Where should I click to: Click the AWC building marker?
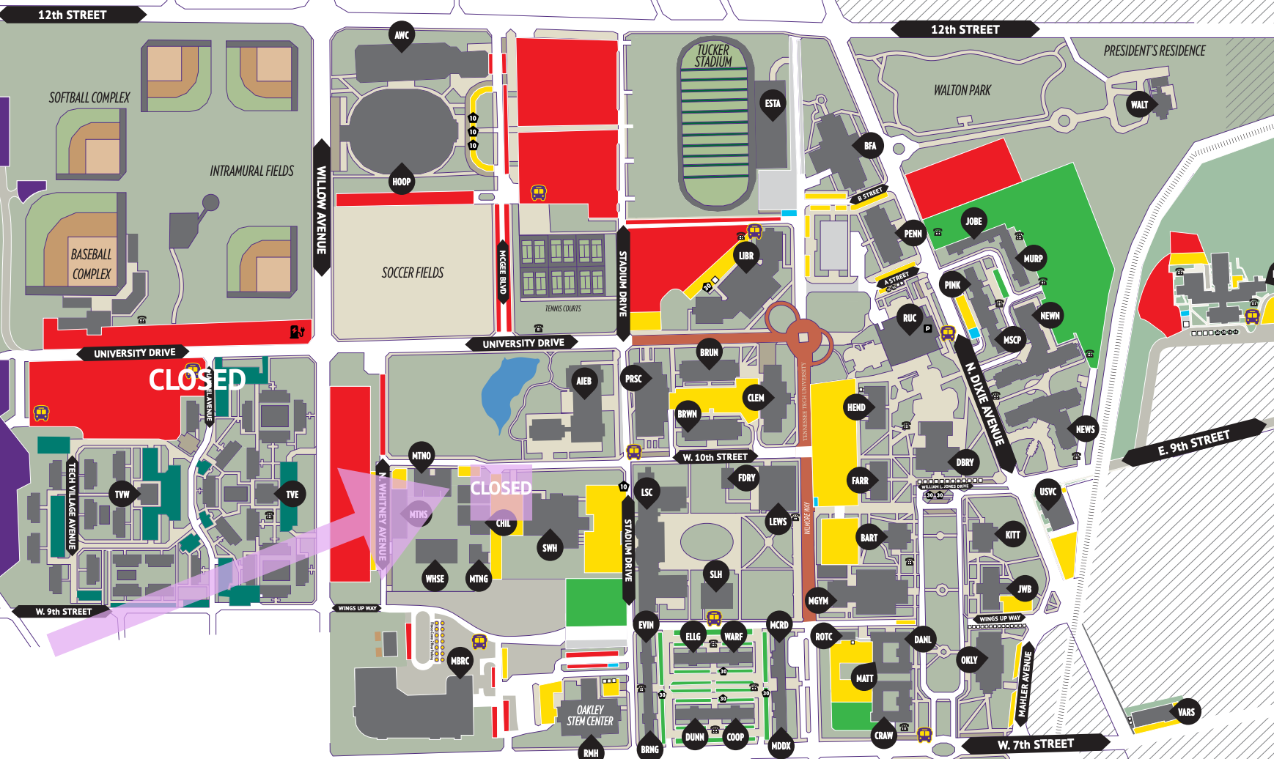[402, 35]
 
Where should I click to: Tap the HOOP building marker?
[401, 182]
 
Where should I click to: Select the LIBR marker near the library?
[746, 256]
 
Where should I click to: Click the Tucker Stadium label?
[713, 56]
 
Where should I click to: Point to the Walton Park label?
[962, 90]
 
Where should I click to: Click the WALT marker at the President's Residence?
[1139, 105]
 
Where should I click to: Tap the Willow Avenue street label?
[321, 209]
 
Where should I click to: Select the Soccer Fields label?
[413, 273]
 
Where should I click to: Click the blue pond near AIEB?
[506, 392]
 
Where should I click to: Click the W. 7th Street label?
[1035, 744]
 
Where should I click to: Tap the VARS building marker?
[1186, 711]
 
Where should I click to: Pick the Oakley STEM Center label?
[590, 715]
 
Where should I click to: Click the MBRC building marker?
[460, 661]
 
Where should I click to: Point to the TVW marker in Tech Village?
[122, 495]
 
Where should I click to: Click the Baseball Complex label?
[92, 264]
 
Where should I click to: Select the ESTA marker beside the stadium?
[773, 103]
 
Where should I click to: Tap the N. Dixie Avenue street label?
[984, 403]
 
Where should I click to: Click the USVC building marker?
[1047, 492]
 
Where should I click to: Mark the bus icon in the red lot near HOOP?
[539, 193]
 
